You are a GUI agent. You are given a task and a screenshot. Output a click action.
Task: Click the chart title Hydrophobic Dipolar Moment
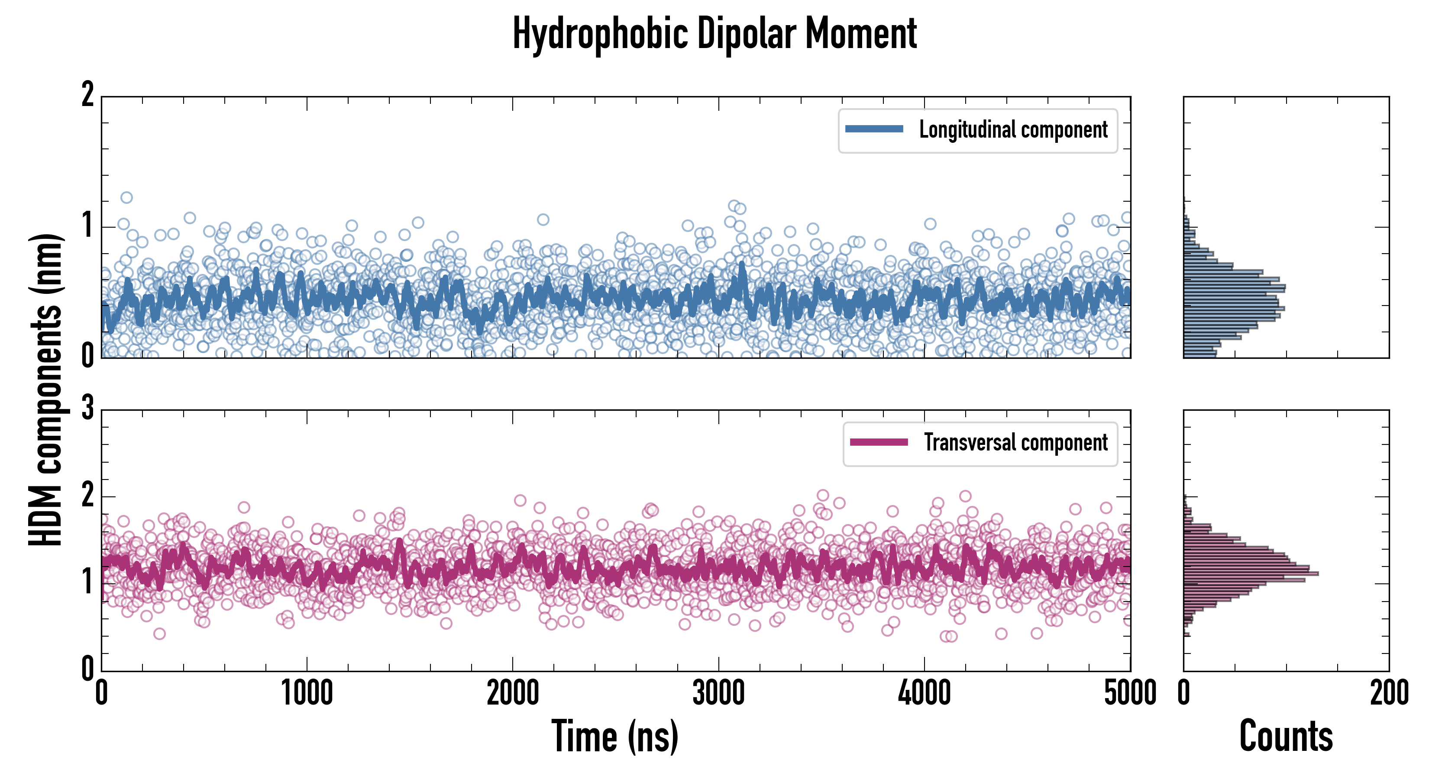[714, 34]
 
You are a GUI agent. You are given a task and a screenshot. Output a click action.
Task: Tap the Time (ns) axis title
[614, 736]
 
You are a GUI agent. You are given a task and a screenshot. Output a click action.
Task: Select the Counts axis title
[1286, 736]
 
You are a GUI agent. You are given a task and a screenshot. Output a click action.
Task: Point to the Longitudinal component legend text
[1013, 130]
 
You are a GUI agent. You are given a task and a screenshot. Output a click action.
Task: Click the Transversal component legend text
[1016, 442]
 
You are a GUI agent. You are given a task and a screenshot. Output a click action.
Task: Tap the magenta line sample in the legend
[879, 442]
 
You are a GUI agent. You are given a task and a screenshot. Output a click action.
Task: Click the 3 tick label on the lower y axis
[87, 409]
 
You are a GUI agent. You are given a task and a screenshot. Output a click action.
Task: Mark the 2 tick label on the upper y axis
[87, 95]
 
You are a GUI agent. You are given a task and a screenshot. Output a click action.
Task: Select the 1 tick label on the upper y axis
[87, 226]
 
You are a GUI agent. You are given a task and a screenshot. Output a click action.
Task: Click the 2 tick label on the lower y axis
[87, 496]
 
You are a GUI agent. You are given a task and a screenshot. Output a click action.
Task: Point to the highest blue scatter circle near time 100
[126, 197]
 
